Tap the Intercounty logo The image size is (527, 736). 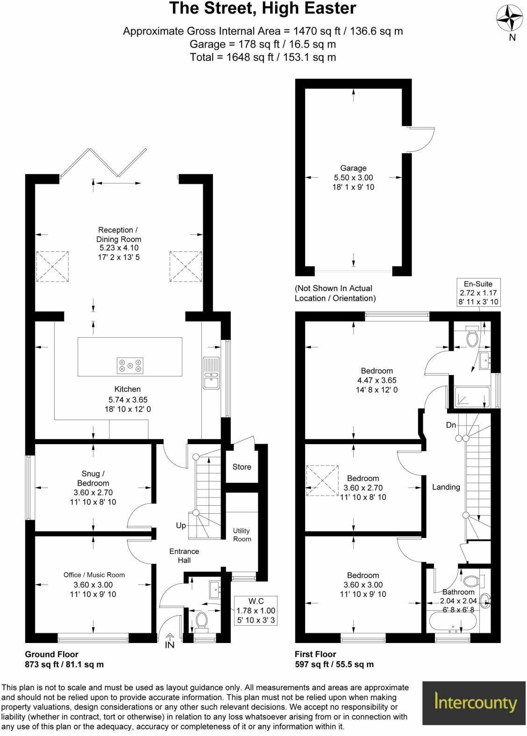[475, 702]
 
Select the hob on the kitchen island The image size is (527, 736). [130, 365]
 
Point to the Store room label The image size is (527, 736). [242, 467]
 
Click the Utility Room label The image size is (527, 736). [242, 535]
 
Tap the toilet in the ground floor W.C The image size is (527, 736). [202, 620]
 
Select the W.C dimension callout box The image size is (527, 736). [256, 610]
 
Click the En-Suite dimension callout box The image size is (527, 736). [478, 293]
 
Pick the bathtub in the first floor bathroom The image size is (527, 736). [453, 622]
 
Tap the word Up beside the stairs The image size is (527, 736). [181, 525]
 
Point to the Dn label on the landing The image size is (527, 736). [450, 425]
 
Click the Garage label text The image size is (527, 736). [353, 168]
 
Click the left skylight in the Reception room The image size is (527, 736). [52, 266]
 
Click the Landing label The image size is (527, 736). [446, 487]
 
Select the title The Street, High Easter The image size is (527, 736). [263, 8]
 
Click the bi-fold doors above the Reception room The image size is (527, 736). [104, 163]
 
